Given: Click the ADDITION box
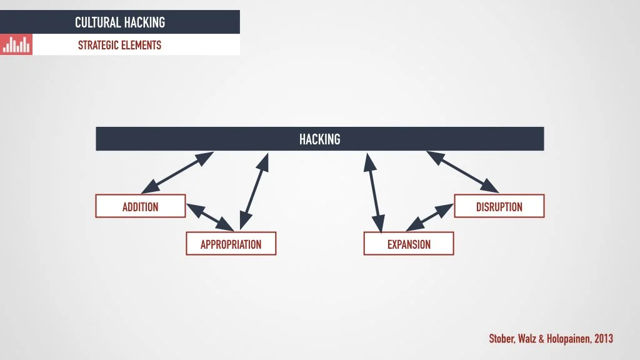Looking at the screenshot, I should pos(140,206).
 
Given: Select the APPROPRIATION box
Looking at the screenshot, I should pos(231,244).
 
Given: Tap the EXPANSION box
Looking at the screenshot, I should pos(409,244).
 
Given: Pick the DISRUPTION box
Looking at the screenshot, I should pos(499,206).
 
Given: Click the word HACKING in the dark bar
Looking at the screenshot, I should pos(319,139).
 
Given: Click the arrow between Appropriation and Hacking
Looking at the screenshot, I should pos(254,190).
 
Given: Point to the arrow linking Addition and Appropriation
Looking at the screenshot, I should pos(211,217).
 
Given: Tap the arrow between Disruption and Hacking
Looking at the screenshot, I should pos(462,171).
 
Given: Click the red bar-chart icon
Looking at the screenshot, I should pos(16,44).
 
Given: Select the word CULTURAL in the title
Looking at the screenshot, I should pos(97,22).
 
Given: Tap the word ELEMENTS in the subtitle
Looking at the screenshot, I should pos(142,45).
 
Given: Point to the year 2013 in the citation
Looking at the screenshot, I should pos(603,339).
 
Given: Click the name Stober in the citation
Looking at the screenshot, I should pos(501,339).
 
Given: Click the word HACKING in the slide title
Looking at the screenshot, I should pos(144,22).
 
